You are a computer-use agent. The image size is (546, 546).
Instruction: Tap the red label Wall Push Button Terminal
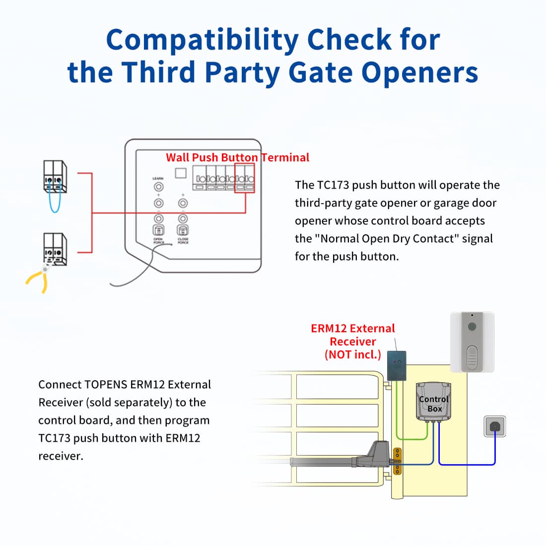pyautogui.click(x=237, y=158)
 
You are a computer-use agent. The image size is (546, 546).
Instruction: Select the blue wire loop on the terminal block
pyautogui.click(x=55, y=199)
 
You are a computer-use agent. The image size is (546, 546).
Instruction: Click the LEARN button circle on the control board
pyautogui.click(x=158, y=187)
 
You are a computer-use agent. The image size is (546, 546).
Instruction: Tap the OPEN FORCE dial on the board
pyautogui.click(x=158, y=230)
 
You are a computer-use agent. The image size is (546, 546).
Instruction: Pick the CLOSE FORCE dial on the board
pyautogui.click(x=183, y=230)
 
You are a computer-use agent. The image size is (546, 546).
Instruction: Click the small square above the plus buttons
pyautogui.click(x=181, y=173)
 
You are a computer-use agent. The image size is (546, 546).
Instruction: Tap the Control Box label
pyautogui.click(x=434, y=404)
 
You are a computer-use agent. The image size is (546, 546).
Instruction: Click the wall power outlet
pyautogui.click(x=495, y=426)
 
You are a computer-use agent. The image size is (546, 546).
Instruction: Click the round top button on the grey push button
pyautogui.click(x=472, y=327)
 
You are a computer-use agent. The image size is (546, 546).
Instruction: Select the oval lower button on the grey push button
pyautogui.click(x=472, y=356)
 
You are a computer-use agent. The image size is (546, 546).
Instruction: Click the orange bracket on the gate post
pyautogui.click(x=397, y=461)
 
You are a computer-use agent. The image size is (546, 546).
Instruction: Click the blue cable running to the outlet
pyautogui.click(x=467, y=464)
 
